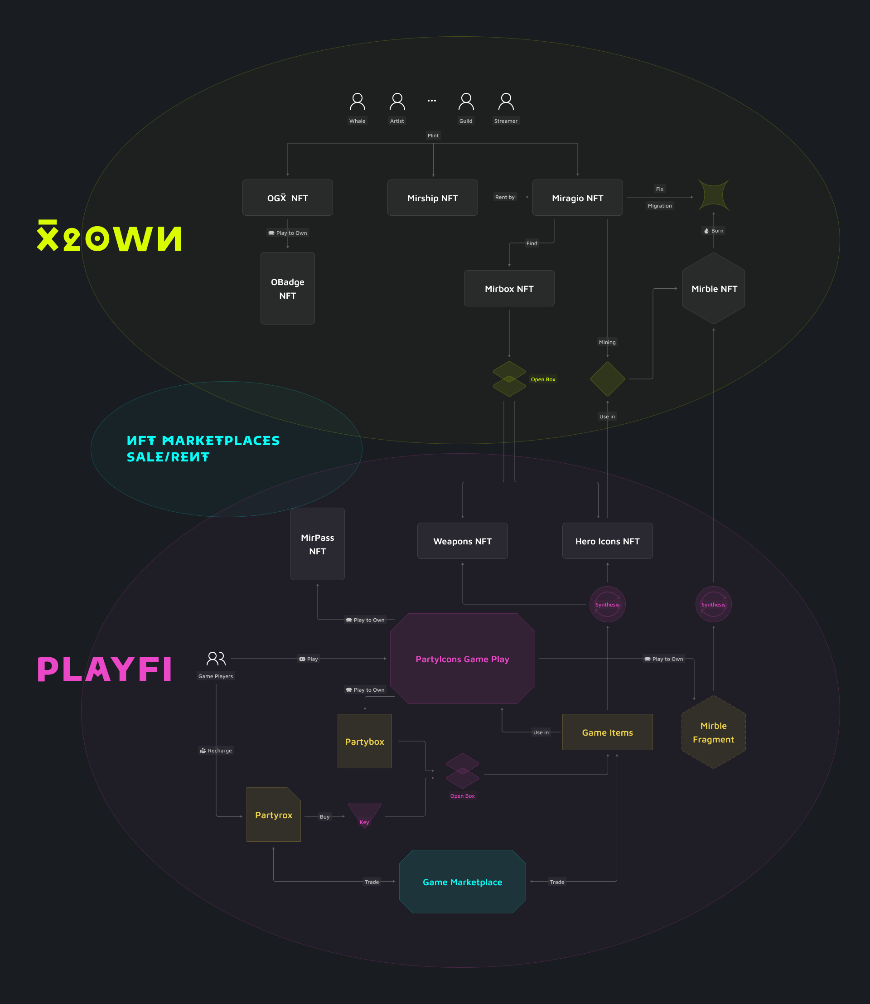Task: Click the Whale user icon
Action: (358, 102)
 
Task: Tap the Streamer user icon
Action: (506, 102)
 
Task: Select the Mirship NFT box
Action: (432, 198)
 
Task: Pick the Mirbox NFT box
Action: (509, 289)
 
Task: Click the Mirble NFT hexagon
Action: (713, 289)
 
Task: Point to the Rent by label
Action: (504, 197)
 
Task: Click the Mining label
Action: (607, 342)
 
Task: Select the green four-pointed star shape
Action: (713, 195)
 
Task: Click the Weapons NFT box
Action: (462, 541)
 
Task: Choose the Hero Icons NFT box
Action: (607, 541)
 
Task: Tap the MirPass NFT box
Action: (318, 544)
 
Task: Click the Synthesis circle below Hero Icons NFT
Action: (607, 604)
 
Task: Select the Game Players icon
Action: (216, 659)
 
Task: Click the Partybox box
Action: (364, 741)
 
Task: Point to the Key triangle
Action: (364, 815)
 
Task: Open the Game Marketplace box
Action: (462, 882)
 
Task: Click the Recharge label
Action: (216, 751)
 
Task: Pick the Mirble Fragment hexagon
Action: (713, 732)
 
